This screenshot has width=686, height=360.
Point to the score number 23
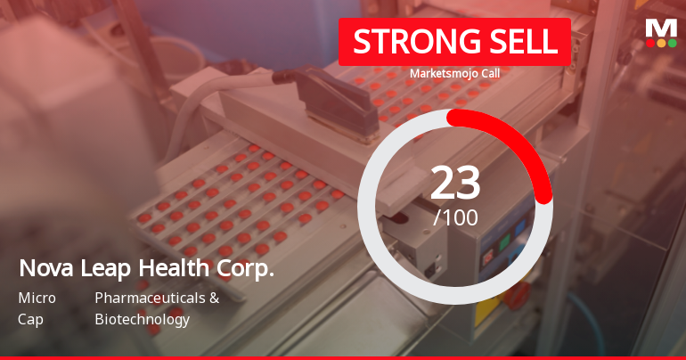tap(455, 183)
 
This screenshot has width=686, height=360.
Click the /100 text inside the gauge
tap(455, 217)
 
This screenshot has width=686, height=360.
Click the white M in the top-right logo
tap(661, 28)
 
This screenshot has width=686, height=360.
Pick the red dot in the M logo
tap(650, 42)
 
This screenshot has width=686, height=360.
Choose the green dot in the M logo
tap(673, 42)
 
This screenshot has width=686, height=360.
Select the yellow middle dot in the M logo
tap(661, 42)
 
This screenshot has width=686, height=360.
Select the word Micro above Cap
tap(36, 298)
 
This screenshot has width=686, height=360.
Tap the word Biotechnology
tap(142, 319)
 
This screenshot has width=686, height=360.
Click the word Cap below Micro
tap(29, 319)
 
